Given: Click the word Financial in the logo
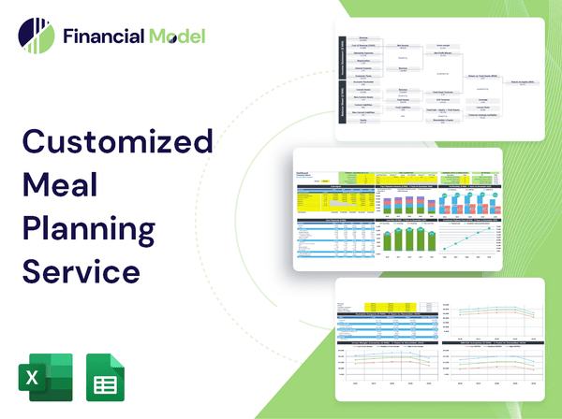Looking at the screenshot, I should tap(104, 37).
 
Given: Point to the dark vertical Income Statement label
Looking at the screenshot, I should tap(343, 57).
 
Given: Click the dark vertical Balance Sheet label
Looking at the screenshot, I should tap(343, 107).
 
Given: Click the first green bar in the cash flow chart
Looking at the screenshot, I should tap(388, 242).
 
